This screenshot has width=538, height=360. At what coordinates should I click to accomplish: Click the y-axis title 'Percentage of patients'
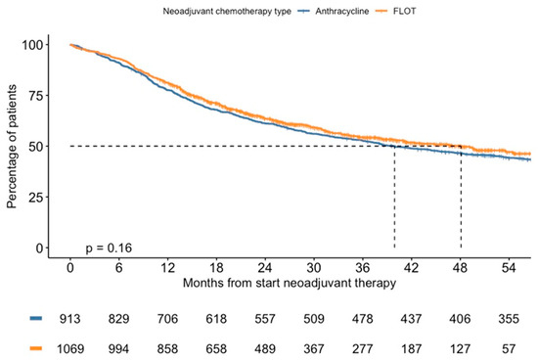coord(13,147)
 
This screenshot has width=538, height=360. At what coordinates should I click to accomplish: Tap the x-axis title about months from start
coord(289,283)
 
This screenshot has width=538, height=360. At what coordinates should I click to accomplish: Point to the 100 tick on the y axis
coord(40,45)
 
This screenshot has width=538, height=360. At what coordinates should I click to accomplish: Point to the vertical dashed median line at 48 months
coord(461,196)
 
